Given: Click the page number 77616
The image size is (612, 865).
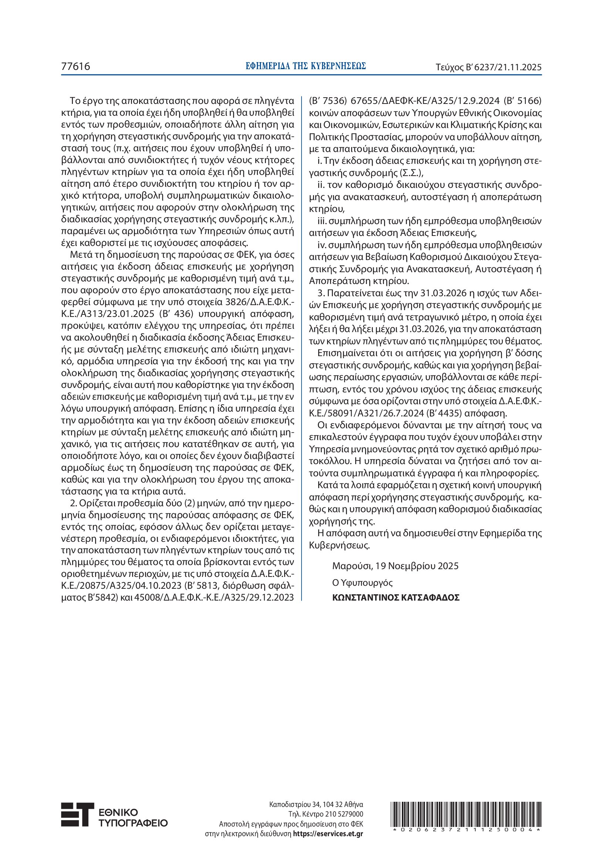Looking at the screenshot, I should click(76, 67).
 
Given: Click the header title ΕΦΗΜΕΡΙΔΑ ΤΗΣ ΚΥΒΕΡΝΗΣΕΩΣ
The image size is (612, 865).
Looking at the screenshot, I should click(306, 66).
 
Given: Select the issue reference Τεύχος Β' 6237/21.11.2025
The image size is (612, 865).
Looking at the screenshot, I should click(488, 67).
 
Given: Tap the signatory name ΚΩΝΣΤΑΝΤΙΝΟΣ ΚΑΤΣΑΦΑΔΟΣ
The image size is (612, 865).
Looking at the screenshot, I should click(396, 598).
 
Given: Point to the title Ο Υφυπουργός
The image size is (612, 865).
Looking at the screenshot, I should click(362, 582).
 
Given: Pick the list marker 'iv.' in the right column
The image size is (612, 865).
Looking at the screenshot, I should click(322, 245).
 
